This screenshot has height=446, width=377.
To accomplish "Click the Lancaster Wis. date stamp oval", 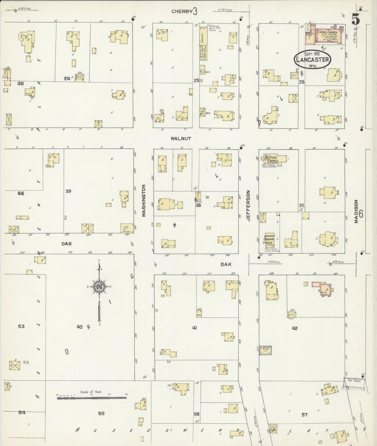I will pos(312,60).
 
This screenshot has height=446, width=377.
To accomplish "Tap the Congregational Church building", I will pos(328,36).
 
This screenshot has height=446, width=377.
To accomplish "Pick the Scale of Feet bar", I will pos(92,398).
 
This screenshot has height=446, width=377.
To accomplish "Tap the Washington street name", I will pos(144,200).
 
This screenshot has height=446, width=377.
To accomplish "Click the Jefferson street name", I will pos(248,206).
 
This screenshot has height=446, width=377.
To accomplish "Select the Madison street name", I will pos(356,211).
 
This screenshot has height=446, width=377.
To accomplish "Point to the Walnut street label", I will pos(181,139).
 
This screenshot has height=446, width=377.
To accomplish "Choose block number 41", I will pos(194,328).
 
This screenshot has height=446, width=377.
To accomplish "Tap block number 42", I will pos(295,328).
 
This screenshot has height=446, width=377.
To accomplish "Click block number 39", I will pos(68,191).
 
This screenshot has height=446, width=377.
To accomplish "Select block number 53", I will pos(21,326).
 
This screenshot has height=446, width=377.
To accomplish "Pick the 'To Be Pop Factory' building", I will pos(127,228).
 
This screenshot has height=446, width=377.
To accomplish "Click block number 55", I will pos(101,413).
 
